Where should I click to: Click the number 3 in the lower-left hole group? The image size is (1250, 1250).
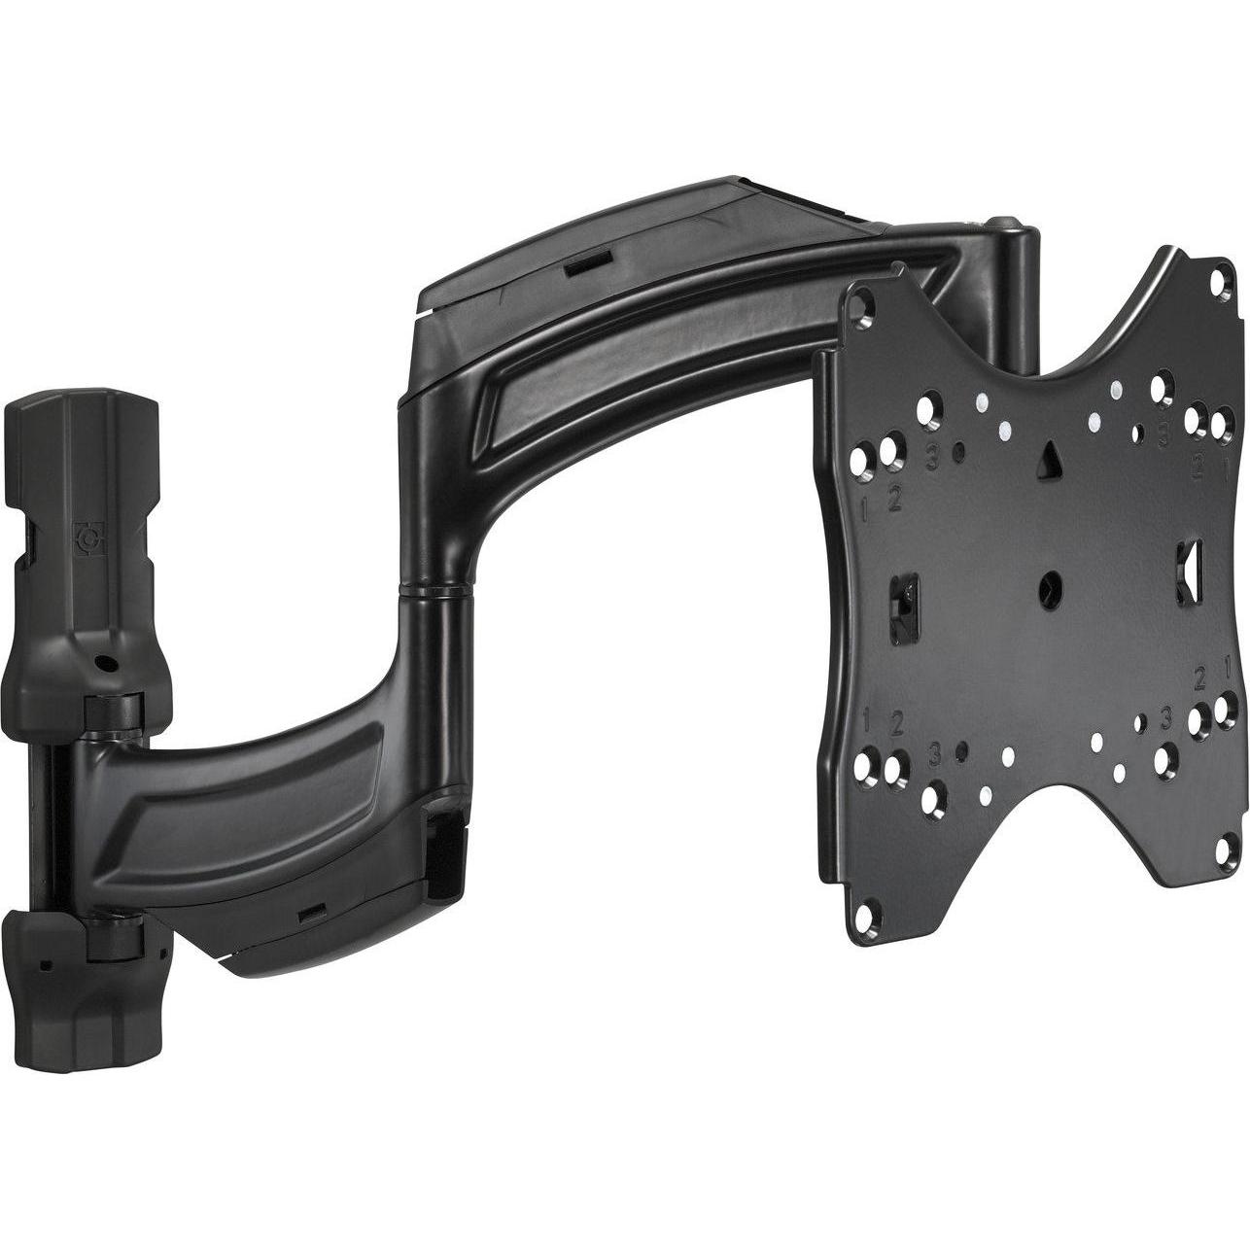click(934, 753)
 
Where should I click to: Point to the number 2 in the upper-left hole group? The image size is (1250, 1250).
click(895, 502)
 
